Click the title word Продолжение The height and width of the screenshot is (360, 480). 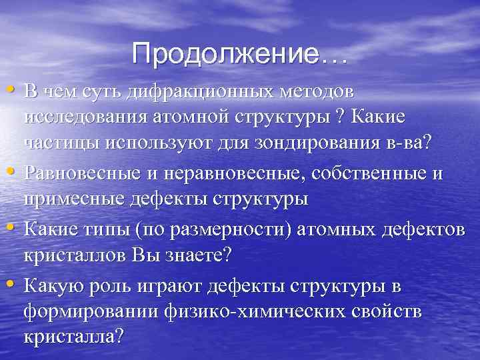point(226,54)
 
